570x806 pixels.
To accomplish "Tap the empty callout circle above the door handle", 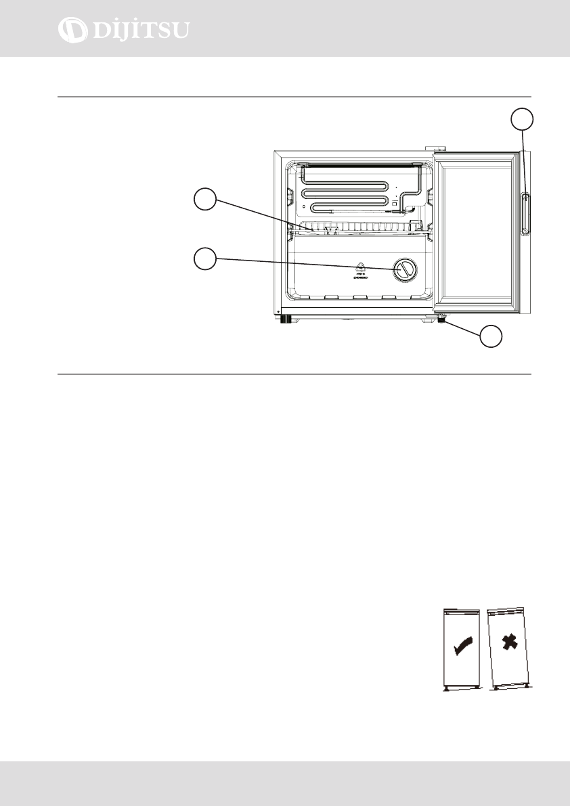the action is [x=522, y=120].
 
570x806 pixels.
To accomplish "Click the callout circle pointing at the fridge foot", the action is [x=492, y=337].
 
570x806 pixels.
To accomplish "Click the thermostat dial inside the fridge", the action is [x=405, y=269].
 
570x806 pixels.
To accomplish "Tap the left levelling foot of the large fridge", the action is [x=286, y=319].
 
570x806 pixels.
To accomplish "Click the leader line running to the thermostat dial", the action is [x=305, y=263].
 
